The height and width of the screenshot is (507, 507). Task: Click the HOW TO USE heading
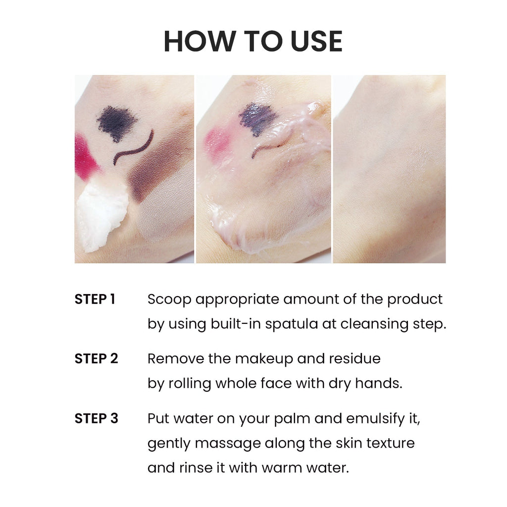[x=253, y=42]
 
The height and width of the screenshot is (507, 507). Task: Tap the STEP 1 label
[x=95, y=299]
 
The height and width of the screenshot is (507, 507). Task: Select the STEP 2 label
[x=96, y=358]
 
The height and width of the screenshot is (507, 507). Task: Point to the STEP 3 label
[x=96, y=418]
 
